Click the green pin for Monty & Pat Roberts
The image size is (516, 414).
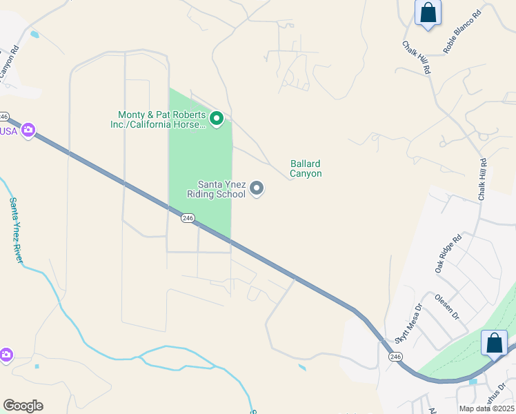pyautogui.click(x=217, y=119)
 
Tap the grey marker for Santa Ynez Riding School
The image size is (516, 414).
pyautogui.click(x=257, y=188)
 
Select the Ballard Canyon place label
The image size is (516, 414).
pyautogui.click(x=306, y=169)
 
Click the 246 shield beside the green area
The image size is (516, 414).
pyautogui.click(x=188, y=218)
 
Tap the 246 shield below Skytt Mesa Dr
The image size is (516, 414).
pyautogui.click(x=395, y=357)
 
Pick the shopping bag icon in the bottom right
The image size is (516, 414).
pyautogui.click(x=495, y=343)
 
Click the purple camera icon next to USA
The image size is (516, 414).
pyautogui.click(x=28, y=130)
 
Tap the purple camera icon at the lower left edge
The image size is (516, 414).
pyautogui.click(x=6, y=355)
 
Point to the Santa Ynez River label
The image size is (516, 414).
pyautogui.click(x=16, y=230)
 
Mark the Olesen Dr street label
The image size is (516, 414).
pyautogui.click(x=447, y=307)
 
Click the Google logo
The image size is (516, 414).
pyautogui.click(x=23, y=406)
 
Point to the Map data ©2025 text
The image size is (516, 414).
pyautogui.click(x=486, y=408)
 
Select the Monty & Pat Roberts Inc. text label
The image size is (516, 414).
pyautogui.click(x=162, y=119)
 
